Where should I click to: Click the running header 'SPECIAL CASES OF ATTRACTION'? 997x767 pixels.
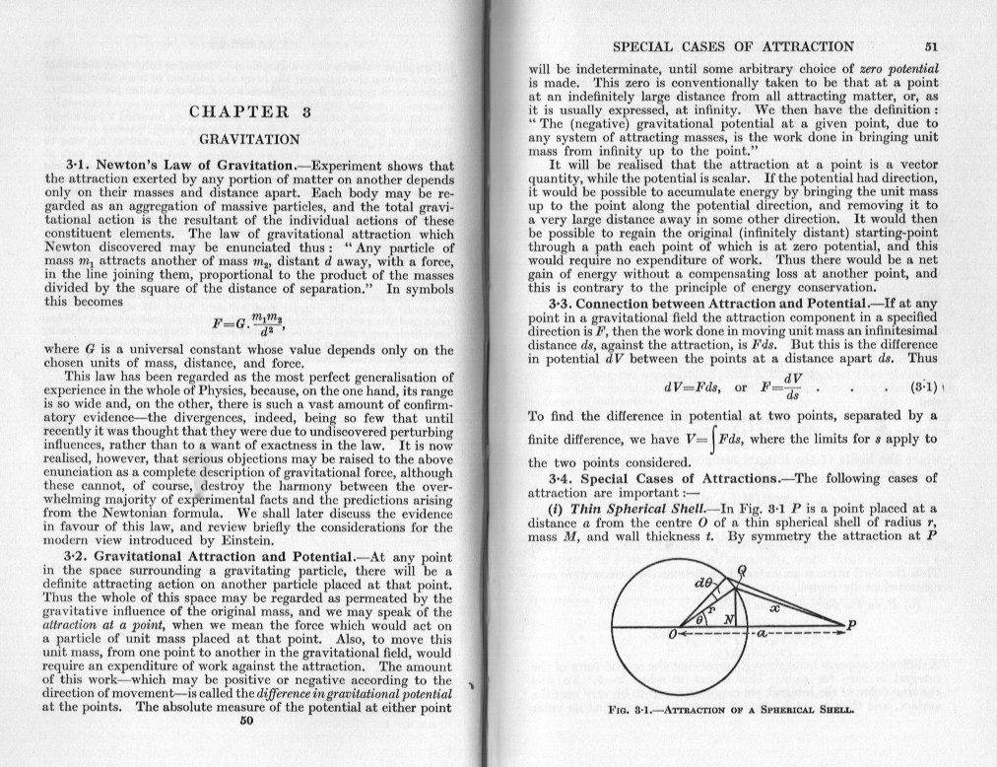733,45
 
